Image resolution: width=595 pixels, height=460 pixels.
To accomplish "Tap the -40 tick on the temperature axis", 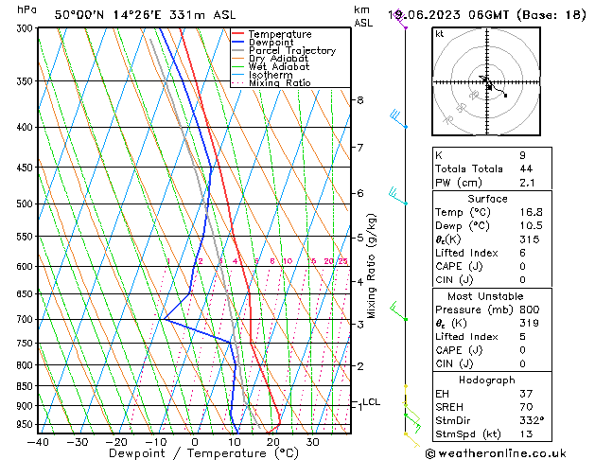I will coord(38,441).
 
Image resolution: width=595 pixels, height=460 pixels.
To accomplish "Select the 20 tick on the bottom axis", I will coord(272,441).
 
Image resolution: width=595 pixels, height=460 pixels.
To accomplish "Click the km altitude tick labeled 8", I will coord(359,100).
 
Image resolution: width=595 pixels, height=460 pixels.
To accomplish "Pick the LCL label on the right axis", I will coord(371,402).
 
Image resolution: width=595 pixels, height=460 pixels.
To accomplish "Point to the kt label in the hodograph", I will coord(440,33).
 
